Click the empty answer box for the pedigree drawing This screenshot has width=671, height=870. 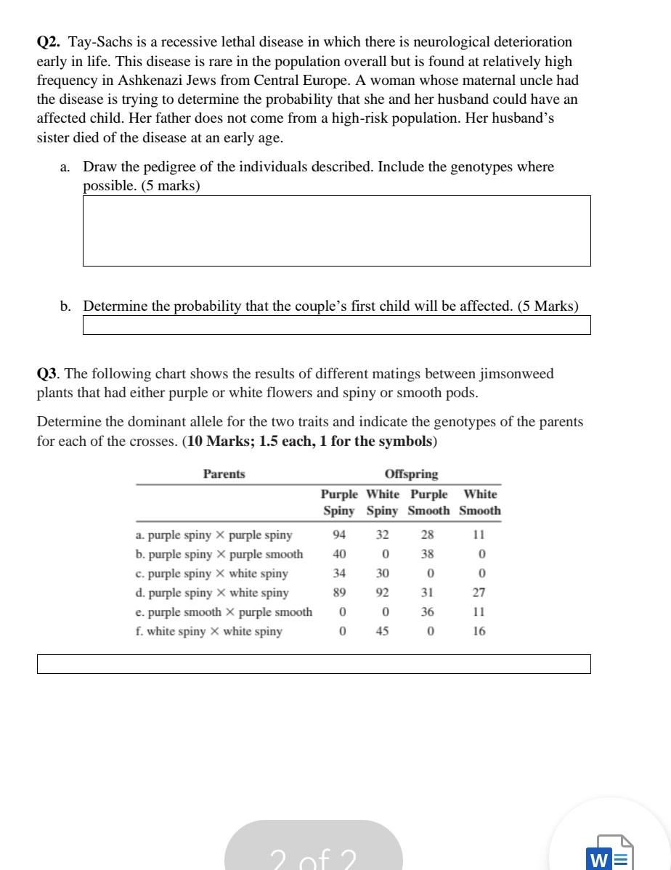(x=336, y=230)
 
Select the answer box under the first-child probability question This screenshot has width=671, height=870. (x=336, y=325)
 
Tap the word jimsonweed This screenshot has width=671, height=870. (x=516, y=374)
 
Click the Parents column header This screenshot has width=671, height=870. (x=224, y=474)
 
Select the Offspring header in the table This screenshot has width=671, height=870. (x=411, y=474)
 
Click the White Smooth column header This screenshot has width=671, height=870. (x=480, y=503)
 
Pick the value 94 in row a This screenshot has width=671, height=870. (x=338, y=535)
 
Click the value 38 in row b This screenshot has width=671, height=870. (x=427, y=554)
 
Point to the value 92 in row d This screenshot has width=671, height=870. (x=382, y=593)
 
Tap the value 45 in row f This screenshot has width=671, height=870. (x=382, y=631)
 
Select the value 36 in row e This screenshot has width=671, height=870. (x=427, y=612)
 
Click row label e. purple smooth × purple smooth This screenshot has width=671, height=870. (x=224, y=612)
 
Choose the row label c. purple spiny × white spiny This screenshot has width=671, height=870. (x=211, y=574)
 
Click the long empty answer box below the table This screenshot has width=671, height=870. (x=314, y=664)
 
